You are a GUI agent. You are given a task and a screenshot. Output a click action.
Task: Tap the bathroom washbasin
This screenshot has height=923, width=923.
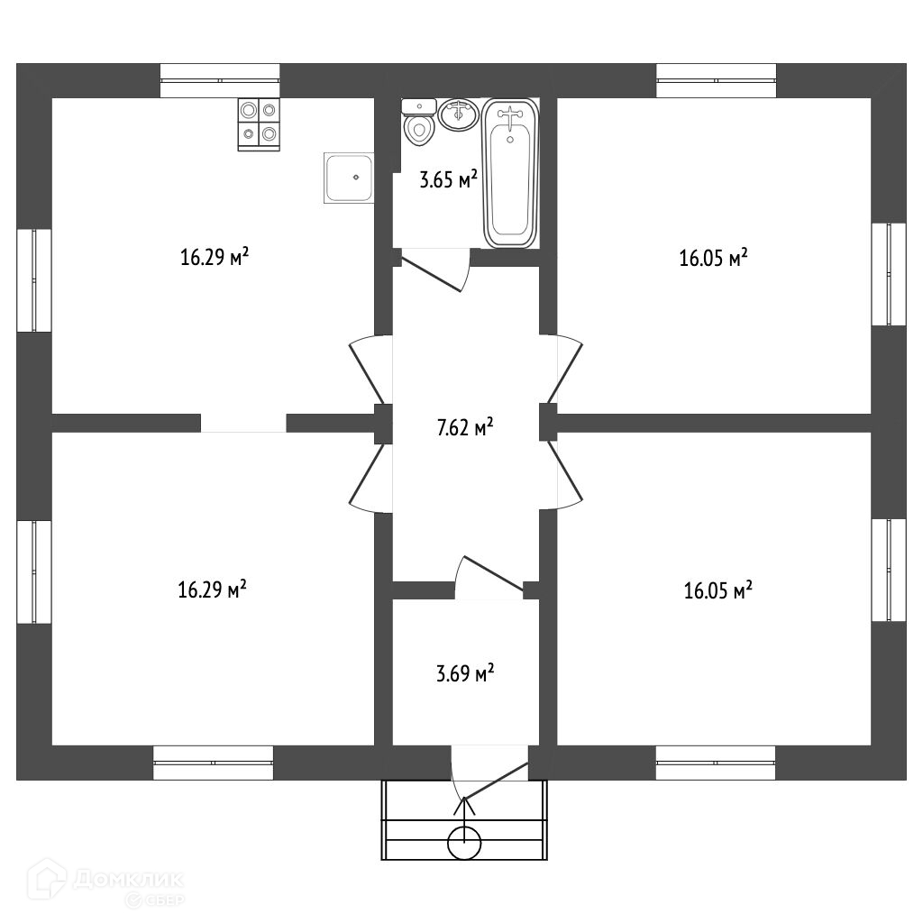[x=459, y=115]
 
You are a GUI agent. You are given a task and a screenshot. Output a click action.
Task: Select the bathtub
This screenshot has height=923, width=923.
[x=510, y=173]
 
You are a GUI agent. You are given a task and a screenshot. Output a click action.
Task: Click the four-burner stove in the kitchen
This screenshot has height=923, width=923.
[x=259, y=123]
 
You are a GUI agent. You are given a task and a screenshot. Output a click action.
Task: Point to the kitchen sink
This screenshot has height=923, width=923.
[x=348, y=178]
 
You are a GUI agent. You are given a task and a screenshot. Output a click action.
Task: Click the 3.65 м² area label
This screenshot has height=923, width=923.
[x=448, y=179]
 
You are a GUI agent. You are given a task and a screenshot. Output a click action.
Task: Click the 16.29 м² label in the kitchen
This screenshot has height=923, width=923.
[x=215, y=258]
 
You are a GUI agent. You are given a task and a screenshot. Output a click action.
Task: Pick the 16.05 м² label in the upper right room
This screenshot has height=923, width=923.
[x=713, y=259]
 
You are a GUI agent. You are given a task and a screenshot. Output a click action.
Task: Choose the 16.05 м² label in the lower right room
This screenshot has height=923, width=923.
[x=718, y=591]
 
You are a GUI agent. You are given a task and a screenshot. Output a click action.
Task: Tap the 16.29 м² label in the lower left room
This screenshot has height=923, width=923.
[x=213, y=590]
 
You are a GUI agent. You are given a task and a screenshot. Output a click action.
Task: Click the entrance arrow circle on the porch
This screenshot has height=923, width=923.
[x=465, y=844]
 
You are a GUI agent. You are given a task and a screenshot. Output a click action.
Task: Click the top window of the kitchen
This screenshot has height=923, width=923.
[x=220, y=80]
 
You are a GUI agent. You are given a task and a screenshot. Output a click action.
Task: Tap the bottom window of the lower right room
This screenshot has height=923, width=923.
[x=716, y=763]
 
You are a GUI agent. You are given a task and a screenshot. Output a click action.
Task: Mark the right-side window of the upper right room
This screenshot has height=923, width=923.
[x=888, y=274]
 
